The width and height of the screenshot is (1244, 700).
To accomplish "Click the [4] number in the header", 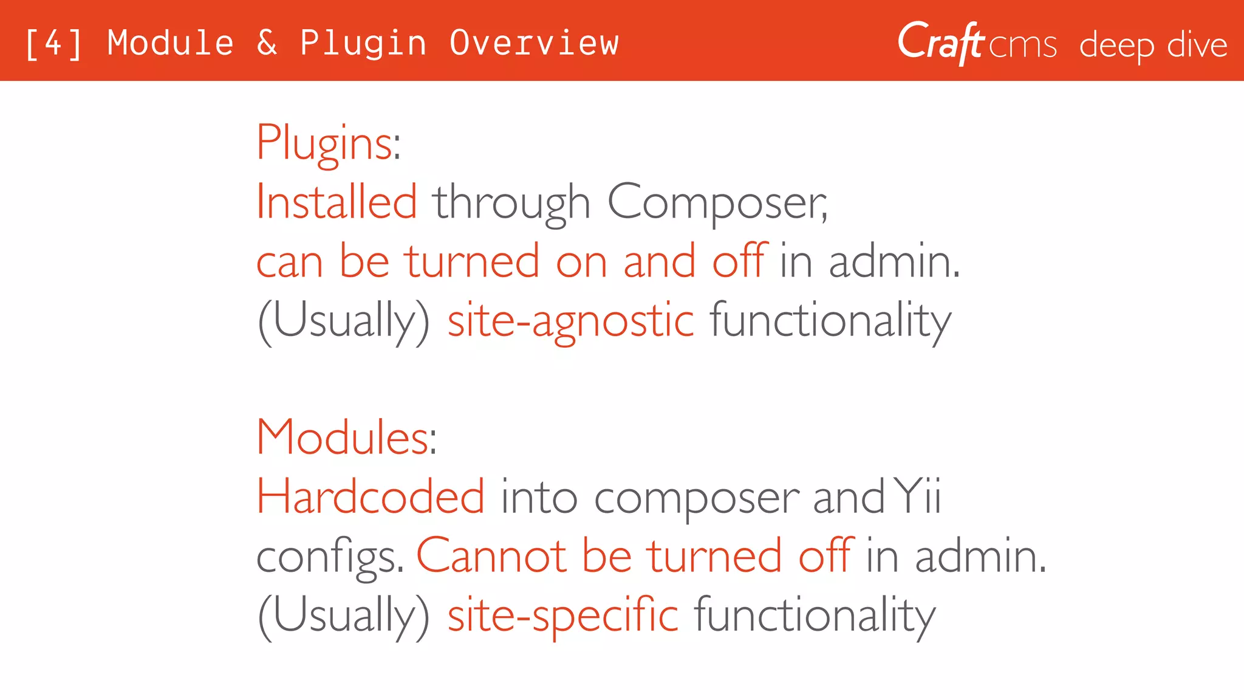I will click(x=53, y=44).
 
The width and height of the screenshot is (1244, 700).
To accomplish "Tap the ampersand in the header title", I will click(x=267, y=44).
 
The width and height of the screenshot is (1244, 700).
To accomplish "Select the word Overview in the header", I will click(x=534, y=44).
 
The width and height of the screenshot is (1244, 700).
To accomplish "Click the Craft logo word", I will click(x=940, y=43).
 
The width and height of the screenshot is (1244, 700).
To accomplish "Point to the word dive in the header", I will click(x=1197, y=45).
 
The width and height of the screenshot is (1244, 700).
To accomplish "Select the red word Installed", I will click(x=337, y=202).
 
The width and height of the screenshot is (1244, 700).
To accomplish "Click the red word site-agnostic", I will click(x=570, y=321).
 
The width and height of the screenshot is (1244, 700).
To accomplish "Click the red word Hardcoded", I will click(x=371, y=497).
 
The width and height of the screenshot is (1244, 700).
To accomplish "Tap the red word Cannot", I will click(x=491, y=555).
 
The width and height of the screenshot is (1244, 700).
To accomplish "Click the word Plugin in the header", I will click(x=363, y=44).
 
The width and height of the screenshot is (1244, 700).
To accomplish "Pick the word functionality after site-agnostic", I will click(x=830, y=321).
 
